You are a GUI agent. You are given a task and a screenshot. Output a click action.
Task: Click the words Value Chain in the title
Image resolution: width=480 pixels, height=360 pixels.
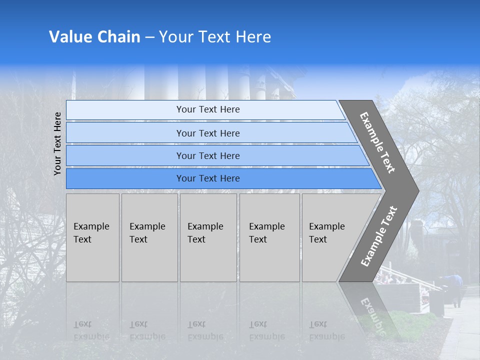(94, 37)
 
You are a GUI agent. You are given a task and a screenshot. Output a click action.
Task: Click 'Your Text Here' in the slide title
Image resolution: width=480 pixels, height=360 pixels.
(215, 37)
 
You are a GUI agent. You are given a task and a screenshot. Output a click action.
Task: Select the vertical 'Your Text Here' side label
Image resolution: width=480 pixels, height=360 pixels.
(58, 144)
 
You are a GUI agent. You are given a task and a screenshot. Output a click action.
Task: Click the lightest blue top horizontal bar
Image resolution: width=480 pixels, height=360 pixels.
(208, 109)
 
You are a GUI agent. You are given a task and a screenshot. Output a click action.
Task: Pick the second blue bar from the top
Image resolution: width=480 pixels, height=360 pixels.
(208, 133)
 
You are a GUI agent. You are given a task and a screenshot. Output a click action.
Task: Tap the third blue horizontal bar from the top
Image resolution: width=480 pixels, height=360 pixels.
(208, 155)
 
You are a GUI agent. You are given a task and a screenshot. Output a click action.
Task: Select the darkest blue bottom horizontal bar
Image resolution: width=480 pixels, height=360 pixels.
(208, 178)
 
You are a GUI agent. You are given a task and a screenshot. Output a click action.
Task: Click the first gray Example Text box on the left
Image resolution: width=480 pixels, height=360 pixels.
(92, 237)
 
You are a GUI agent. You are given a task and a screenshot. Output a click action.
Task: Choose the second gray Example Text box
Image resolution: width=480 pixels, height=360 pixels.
(149, 237)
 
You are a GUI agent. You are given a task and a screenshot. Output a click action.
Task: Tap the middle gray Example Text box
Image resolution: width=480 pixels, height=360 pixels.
(208, 237)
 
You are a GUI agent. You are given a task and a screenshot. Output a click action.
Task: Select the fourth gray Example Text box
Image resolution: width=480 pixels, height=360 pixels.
(269, 237)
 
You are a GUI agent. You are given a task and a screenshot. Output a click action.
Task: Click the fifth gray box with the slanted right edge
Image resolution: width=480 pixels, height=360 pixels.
(330, 237)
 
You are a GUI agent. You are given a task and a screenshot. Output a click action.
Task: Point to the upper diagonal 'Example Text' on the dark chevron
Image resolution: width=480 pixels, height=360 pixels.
(377, 143)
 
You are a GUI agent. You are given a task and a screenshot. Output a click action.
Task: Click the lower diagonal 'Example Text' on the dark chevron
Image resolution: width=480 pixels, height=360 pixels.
(379, 236)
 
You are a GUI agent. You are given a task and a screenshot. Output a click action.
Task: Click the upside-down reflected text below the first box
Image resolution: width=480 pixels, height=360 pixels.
(91, 330)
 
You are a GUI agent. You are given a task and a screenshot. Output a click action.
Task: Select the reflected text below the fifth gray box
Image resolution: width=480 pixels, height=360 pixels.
(326, 330)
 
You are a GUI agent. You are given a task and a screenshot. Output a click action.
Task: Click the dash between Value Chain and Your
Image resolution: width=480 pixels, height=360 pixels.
(149, 37)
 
